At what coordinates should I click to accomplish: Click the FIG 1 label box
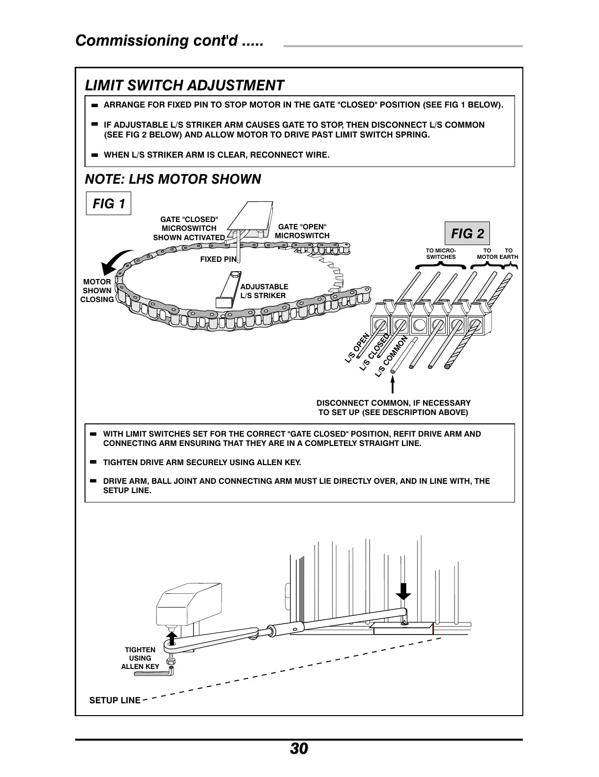109,203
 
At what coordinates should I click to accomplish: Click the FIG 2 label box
467,234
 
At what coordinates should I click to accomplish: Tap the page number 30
299,749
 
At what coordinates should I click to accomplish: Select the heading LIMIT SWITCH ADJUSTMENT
184,85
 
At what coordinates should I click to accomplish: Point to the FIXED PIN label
218,259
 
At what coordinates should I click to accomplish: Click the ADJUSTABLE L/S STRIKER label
264,291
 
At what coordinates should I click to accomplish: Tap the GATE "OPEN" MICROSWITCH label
302,231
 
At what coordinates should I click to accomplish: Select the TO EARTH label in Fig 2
509,253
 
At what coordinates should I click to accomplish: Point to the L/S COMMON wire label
392,357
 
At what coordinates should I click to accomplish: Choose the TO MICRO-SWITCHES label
441,253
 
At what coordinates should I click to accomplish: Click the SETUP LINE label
114,700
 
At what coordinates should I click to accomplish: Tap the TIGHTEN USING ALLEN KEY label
140,658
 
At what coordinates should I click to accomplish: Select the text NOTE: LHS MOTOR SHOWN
173,179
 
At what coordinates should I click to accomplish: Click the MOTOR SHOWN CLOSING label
97,291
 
